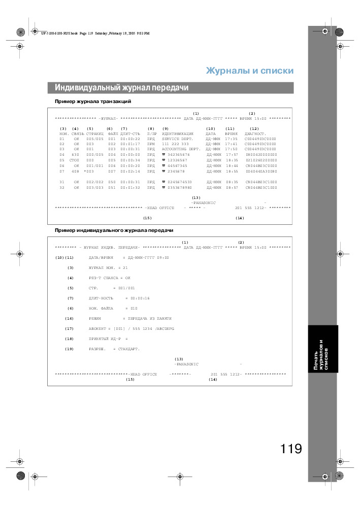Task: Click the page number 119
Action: click(x=290, y=449)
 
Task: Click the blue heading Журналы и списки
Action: click(x=249, y=71)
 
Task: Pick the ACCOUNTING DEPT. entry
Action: click(x=181, y=149)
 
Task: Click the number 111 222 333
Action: click(x=175, y=144)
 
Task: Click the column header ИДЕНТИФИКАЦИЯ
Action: click(x=177, y=133)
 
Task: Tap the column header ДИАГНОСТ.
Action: click(x=255, y=133)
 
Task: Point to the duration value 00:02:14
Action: click(x=130, y=171)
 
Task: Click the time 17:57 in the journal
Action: click(x=232, y=155)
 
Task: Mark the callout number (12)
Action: click(x=254, y=128)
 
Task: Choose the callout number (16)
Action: click(x=70, y=318)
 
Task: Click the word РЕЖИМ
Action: click(x=95, y=318)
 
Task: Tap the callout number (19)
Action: click(x=70, y=349)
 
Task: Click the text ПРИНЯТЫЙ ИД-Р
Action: click(x=105, y=338)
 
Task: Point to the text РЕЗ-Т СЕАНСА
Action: click(x=104, y=278)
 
